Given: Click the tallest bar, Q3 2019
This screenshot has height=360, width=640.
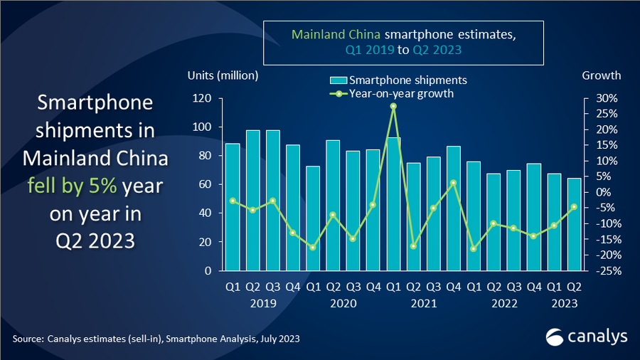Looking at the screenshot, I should click(x=272, y=200).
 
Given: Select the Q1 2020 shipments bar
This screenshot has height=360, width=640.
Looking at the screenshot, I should click(x=313, y=218).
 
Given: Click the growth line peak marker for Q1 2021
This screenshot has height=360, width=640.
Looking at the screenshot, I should click(x=393, y=106).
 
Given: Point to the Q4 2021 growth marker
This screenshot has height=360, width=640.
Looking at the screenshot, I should click(x=453, y=183).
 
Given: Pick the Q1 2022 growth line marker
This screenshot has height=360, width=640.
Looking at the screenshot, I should click(x=473, y=249).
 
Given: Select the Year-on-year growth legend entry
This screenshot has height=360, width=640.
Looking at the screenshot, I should click(x=391, y=92).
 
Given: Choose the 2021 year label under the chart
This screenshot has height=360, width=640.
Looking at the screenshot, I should click(x=423, y=303).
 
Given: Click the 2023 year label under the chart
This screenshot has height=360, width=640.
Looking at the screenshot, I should click(x=565, y=303).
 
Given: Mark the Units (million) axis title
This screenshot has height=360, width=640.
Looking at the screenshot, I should click(x=223, y=75).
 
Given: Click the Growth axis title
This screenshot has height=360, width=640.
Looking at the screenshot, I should click(x=602, y=75).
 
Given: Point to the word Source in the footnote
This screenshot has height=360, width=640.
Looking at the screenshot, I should click(x=27, y=339).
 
